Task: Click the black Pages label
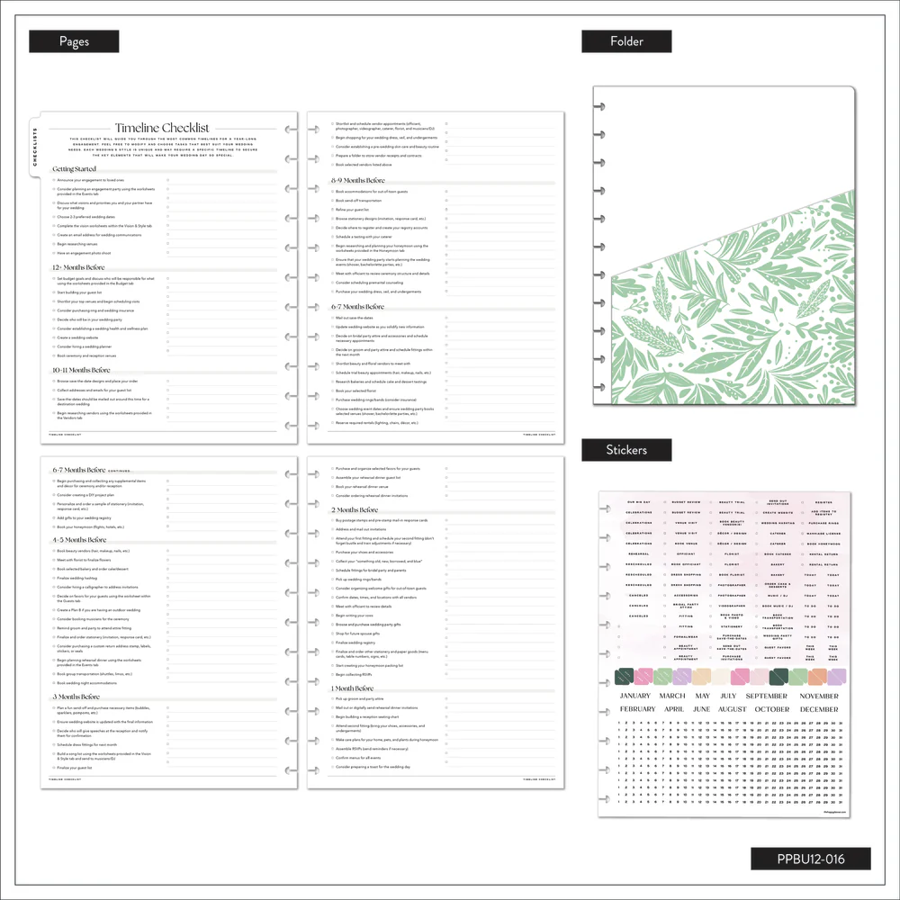74,41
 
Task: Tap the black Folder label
625,41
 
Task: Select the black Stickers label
625,449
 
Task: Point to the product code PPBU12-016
811,859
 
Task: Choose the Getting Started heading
74,169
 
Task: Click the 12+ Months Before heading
82,267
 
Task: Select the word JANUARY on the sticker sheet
635,696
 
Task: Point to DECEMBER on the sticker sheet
819,709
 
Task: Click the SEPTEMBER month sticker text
767,696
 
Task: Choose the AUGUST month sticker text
733,709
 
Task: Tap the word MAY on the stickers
703,696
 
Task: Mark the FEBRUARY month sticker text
637,709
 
